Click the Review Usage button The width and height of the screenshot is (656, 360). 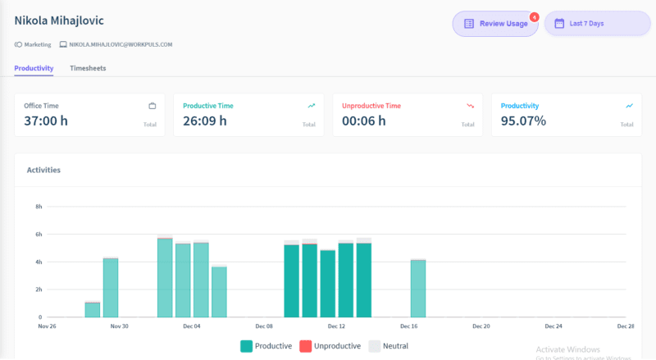pyautogui.click(x=495, y=24)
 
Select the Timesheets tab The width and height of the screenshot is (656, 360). pyautogui.click(x=88, y=68)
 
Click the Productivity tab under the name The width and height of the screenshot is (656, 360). pyautogui.click(x=34, y=68)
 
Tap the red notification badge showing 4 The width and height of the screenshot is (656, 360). pyautogui.click(x=535, y=16)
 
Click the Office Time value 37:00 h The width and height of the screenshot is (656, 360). pyautogui.click(x=46, y=121)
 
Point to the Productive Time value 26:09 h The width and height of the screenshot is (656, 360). pyautogui.click(x=205, y=121)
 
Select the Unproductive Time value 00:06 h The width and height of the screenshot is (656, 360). pyautogui.click(x=364, y=121)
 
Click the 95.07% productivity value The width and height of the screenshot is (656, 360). pyautogui.click(x=523, y=121)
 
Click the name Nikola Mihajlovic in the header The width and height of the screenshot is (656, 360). pyautogui.click(x=59, y=20)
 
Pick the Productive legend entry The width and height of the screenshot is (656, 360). pyautogui.click(x=266, y=346)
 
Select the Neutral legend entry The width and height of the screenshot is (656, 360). pyautogui.click(x=389, y=346)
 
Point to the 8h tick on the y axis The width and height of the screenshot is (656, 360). pyautogui.click(x=38, y=207)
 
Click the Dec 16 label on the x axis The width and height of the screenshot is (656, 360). pyautogui.click(x=409, y=326)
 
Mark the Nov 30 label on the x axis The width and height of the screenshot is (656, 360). pyautogui.click(x=119, y=326)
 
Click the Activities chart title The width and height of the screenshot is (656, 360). pyautogui.click(x=43, y=170)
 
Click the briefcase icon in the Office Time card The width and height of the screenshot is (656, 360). pyautogui.click(x=152, y=106)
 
